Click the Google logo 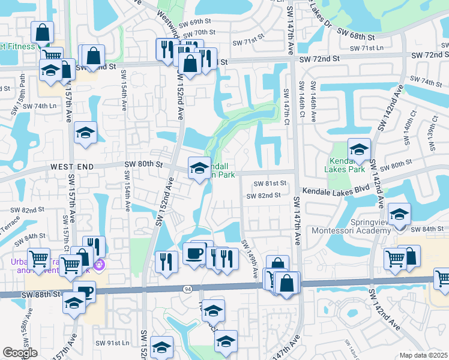click(x=20, y=353)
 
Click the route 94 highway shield click(x=187, y=289)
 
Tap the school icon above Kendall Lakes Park click(x=359, y=149)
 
